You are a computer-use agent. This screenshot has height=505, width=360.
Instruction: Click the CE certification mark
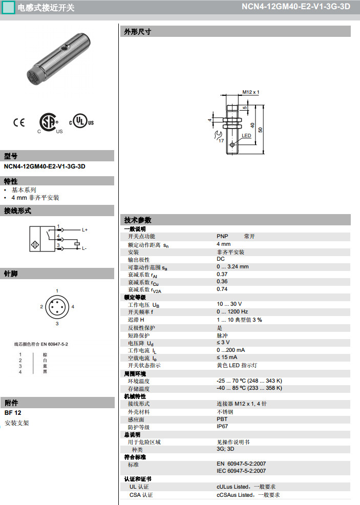point(19,122)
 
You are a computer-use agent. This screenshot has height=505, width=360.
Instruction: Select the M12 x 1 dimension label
point(251,92)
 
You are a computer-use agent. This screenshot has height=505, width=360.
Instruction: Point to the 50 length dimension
point(261,130)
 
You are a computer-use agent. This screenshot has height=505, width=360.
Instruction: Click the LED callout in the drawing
point(246,136)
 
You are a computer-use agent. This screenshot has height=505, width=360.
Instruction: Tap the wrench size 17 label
point(221,140)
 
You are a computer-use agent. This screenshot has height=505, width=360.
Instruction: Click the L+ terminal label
point(85,230)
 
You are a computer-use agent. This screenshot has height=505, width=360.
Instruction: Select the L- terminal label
point(84,248)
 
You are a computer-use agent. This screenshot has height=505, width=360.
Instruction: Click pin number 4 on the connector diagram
point(73,306)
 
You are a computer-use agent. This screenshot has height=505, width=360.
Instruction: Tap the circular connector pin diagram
point(57,307)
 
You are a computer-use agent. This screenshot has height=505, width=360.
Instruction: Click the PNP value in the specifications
point(222,236)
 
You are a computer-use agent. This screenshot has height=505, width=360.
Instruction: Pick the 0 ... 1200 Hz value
point(232,311)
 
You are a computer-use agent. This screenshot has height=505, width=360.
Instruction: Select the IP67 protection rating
point(223,427)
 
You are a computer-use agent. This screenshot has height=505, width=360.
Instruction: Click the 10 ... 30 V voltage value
point(229,304)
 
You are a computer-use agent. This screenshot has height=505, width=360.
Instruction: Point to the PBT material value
point(222,419)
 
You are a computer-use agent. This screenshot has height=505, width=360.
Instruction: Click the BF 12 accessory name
point(13,413)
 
